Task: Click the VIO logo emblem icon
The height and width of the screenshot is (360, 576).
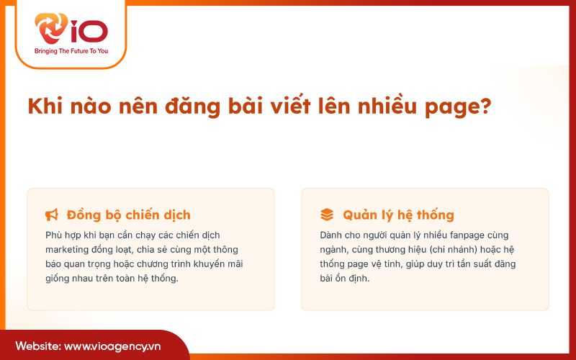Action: click(x=52, y=29)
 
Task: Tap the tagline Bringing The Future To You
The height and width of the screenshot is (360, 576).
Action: click(x=71, y=51)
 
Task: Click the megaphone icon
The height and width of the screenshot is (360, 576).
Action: click(x=52, y=215)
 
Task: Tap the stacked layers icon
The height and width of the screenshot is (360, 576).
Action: click(x=327, y=215)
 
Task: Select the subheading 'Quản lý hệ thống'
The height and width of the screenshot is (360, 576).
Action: click(x=398, y=215)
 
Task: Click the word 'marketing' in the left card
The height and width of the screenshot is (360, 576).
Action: click(x=67, y=249)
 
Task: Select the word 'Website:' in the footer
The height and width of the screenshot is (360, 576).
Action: click(x=38, y=346)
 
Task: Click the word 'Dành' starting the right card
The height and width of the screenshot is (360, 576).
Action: click(x=332, y=235)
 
